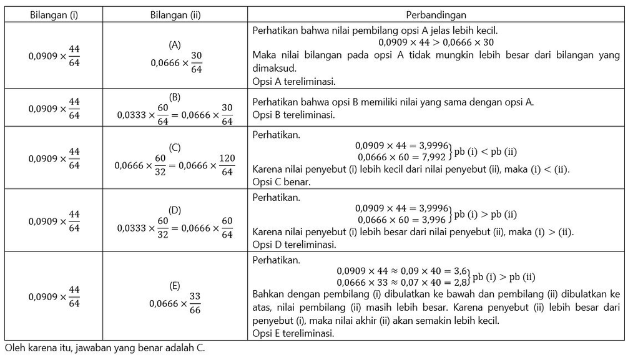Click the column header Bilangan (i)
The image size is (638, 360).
point(54,14)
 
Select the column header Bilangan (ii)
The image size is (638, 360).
point(175,14)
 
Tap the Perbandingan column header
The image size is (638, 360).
point(436,14)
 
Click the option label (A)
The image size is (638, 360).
point(175,45)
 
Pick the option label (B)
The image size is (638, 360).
point(175,97)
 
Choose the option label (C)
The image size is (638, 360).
point(175,147)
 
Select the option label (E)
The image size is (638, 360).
point(175,286)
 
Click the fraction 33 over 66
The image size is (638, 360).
point(195,303)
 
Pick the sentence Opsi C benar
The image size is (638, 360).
point(281,182)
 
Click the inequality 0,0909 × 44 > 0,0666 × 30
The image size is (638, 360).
point(436,42)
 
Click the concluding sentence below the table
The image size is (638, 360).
point(104,348)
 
